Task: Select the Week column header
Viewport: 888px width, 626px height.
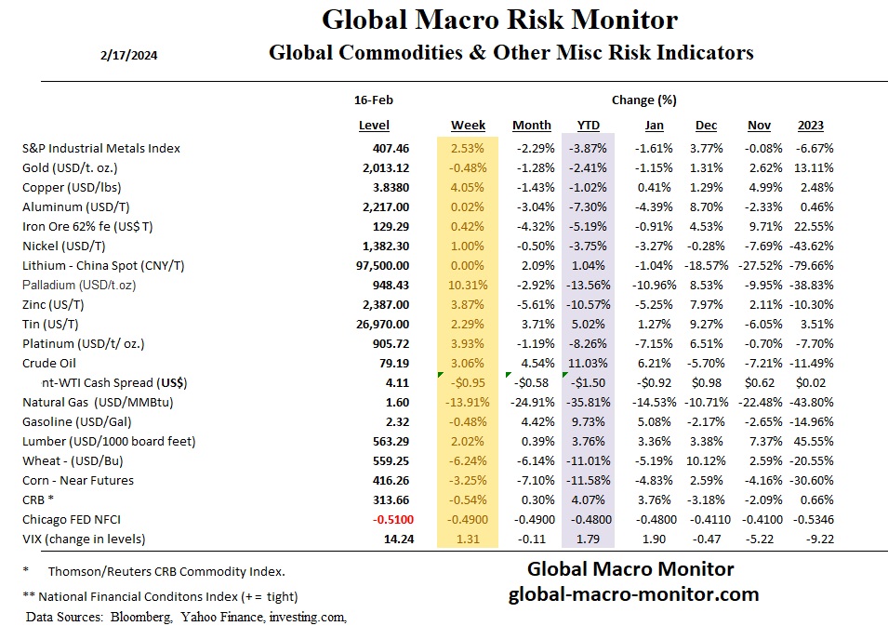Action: (468, 126)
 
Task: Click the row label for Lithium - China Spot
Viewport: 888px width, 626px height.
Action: (103, 265)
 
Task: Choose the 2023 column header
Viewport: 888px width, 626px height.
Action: (810, 126)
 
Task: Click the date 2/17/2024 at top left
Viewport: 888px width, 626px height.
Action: (127, 55)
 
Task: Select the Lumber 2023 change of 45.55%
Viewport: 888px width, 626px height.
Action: (813, 441)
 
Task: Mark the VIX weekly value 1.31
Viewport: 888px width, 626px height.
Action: (467, 539)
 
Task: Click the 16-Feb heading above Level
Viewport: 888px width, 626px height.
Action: (373, 99)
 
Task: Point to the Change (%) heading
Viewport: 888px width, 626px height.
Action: (643, 99)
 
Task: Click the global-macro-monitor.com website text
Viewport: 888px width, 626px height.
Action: (633, 594)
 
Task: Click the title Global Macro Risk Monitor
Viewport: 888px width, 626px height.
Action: (499, 20)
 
